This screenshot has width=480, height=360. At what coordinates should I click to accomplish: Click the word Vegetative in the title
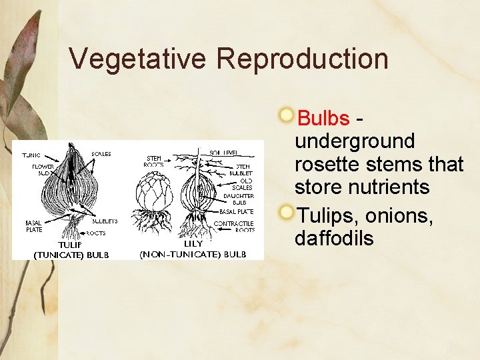click(138, 59)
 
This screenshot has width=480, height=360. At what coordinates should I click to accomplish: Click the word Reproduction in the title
click(302, 59)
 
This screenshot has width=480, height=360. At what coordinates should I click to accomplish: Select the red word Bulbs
click(323, 119)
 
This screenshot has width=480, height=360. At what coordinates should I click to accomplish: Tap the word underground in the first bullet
click(354, 141)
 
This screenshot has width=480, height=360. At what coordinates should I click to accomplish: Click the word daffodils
click(334, 238)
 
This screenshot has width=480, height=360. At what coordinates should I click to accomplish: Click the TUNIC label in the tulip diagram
click(31, 155)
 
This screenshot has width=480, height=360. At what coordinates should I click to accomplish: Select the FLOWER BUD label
click(43, 169)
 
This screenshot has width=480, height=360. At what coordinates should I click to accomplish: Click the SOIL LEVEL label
click(224, 153)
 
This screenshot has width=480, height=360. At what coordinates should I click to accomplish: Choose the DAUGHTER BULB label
click(239, 199)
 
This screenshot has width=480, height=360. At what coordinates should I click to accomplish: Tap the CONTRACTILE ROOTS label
click(234, 227)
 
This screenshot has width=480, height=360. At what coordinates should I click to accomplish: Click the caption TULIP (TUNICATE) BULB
click(71, 250)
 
